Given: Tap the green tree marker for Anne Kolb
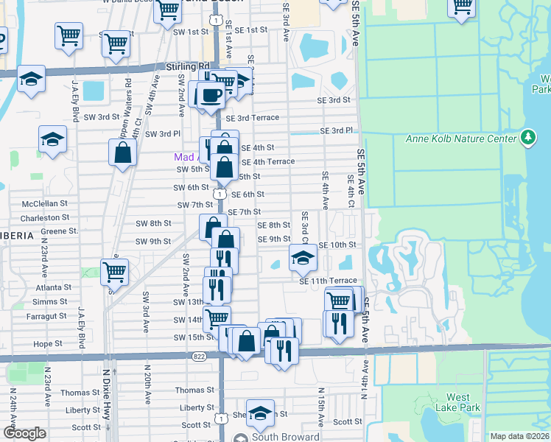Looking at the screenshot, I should pos(527,137).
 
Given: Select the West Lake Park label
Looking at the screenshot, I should pos(458,402).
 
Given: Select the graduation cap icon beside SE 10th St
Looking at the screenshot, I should pos(301,258).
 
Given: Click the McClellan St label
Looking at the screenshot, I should pos(45,203).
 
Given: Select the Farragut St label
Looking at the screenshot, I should pos(45,316).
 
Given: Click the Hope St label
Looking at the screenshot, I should pos(48,343).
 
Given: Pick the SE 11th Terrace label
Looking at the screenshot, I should pos(328,281).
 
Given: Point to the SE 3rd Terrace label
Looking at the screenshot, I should pos(253,118).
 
